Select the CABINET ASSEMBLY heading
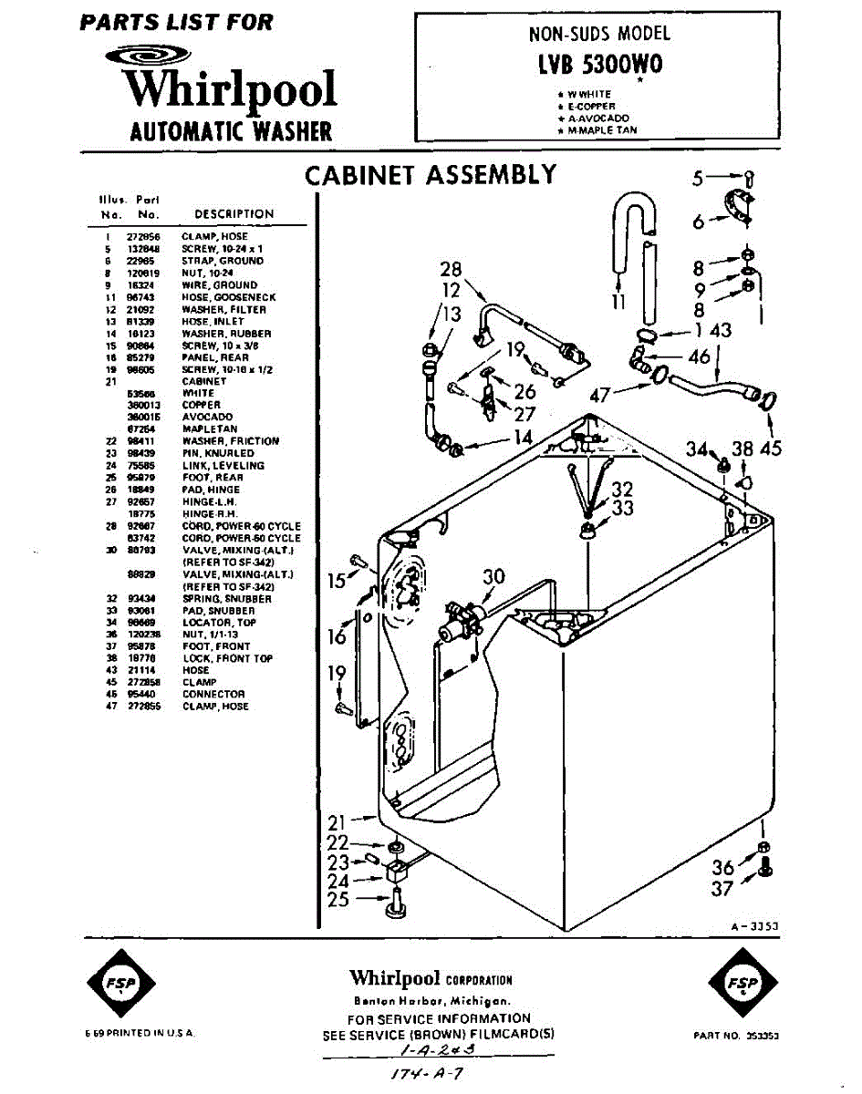pos(430,175)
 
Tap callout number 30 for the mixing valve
pos(493,576)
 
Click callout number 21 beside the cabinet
pos(338,819)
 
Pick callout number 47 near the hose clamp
pos(600,394)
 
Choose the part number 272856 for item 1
pos(143,236)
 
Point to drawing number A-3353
pos(753,925)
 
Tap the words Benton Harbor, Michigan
pos(431,1000)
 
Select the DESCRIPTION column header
pos(234,214)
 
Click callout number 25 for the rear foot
pos(338,900)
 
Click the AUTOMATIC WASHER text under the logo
pos(231,131)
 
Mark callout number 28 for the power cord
pos(451,270)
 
